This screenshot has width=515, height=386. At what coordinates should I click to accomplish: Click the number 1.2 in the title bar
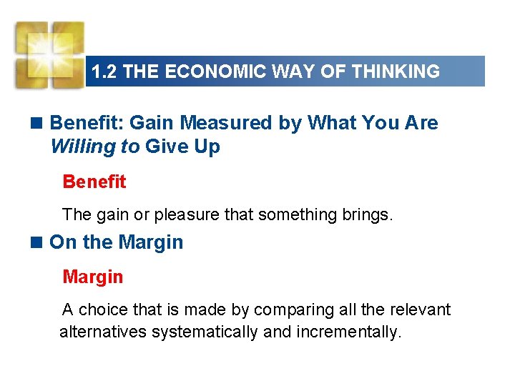tap(103, 71)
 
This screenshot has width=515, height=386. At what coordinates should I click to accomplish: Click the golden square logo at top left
tap(49, 54)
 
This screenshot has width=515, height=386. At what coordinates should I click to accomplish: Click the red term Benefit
tap(94, 182)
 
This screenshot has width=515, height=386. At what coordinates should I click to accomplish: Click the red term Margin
tap(92, 277)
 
